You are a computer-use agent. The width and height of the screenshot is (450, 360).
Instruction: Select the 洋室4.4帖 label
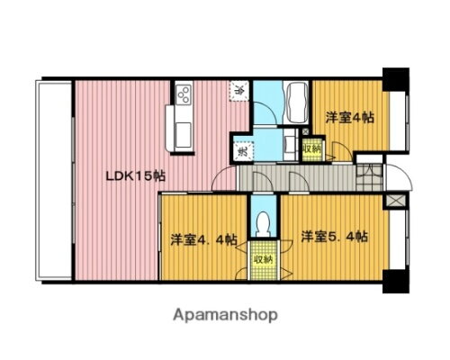(204, 239)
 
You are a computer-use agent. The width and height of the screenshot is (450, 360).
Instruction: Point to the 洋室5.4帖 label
(335, 237)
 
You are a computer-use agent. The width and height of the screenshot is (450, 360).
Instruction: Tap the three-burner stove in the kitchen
(183, 94)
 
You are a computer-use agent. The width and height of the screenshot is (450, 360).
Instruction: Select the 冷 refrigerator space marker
(240, 90)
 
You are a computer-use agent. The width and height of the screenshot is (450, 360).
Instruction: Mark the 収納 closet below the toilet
(263, 258)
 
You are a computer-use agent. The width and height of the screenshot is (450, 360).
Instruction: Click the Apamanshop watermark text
(224, 316)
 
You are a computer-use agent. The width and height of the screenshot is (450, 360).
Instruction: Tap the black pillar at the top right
(393, 78)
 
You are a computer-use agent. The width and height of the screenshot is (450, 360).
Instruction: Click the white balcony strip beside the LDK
(52, 180)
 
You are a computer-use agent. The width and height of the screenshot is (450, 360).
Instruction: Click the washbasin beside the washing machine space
(290, 142)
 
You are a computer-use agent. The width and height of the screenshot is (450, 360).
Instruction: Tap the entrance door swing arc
(401, 175)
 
